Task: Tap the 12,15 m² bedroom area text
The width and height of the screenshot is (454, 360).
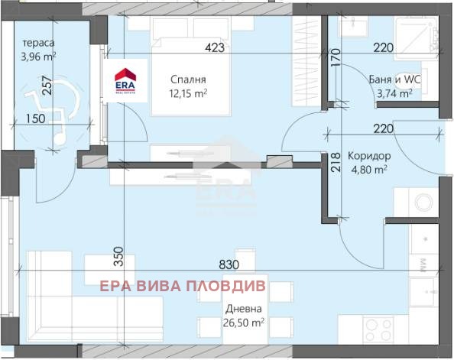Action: tap(188, 93)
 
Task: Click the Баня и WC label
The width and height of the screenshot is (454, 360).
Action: tap(389, 79)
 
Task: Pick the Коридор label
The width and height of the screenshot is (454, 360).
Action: tap(368, 155)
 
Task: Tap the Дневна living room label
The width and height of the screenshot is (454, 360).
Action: tap(244, 309)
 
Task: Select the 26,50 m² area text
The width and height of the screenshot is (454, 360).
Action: tap(245, 323)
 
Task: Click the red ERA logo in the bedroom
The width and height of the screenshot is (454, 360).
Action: tap(125, 81)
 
